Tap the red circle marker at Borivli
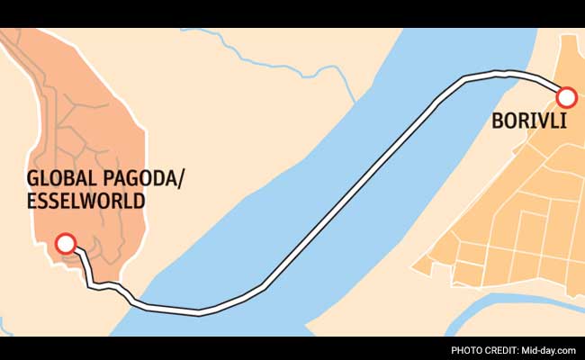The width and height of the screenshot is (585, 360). click(567, 97)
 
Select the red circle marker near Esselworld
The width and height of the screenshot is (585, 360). click(65, 243)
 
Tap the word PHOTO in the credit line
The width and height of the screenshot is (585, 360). click(469, 349)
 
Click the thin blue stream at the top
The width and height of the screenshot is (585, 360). click(261, 67)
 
